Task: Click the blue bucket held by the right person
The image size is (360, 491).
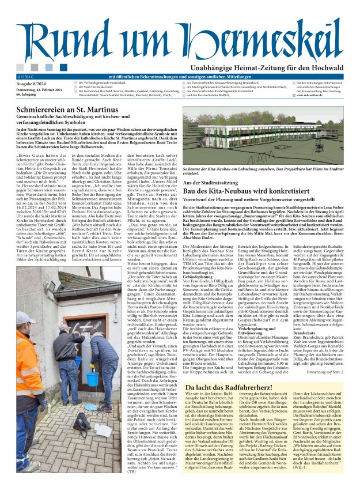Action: (76, 379)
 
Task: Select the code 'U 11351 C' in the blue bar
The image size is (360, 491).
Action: (27, 76)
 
